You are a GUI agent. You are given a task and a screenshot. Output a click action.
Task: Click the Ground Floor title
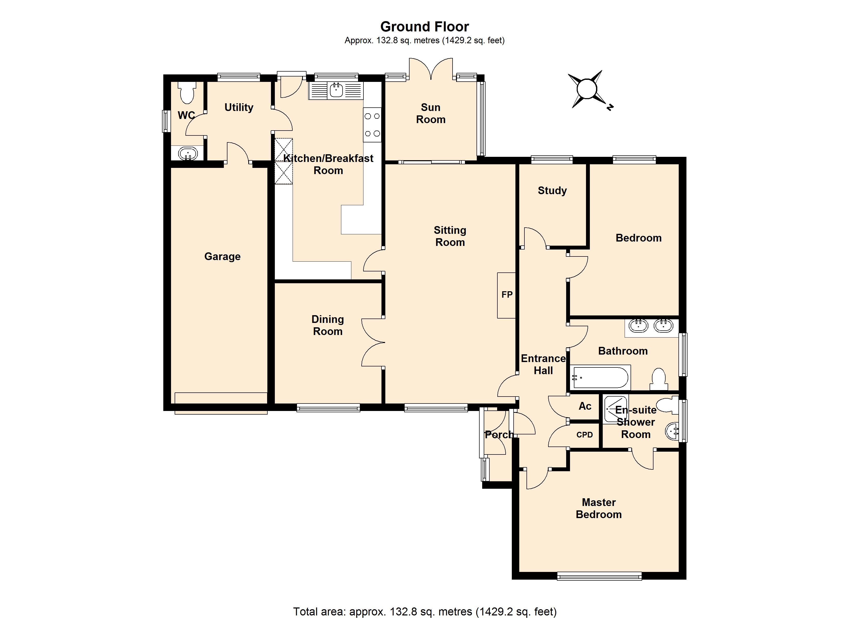coord(425,27)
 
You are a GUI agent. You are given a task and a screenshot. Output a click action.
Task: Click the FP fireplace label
coord(507,295)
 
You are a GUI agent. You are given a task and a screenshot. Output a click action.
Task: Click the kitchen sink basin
coord(336,90)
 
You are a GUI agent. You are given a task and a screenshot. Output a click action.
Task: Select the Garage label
coord(222,256)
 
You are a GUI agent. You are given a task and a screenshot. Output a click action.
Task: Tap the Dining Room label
coord(328,325)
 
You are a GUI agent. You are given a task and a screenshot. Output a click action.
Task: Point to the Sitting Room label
coord(450,236)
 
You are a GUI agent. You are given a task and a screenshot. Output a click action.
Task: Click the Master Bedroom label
coord(599,508)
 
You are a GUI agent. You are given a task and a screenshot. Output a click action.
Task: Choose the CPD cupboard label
coord(584,435)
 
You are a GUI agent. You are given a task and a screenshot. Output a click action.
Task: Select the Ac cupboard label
coord(585,406)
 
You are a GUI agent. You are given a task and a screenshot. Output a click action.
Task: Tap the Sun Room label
coord(431,113)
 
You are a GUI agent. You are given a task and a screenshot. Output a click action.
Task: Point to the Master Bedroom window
coord(599,576)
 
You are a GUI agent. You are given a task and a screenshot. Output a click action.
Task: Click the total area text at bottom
coord(425,612)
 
